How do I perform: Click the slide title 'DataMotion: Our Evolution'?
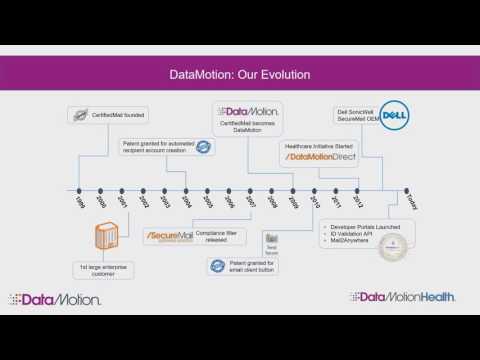(x=240, y=74)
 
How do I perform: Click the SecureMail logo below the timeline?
(x=168, y=236)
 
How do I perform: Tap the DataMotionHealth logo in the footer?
(x=402, y=297)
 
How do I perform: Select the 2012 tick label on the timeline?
(x=358, y=199)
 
